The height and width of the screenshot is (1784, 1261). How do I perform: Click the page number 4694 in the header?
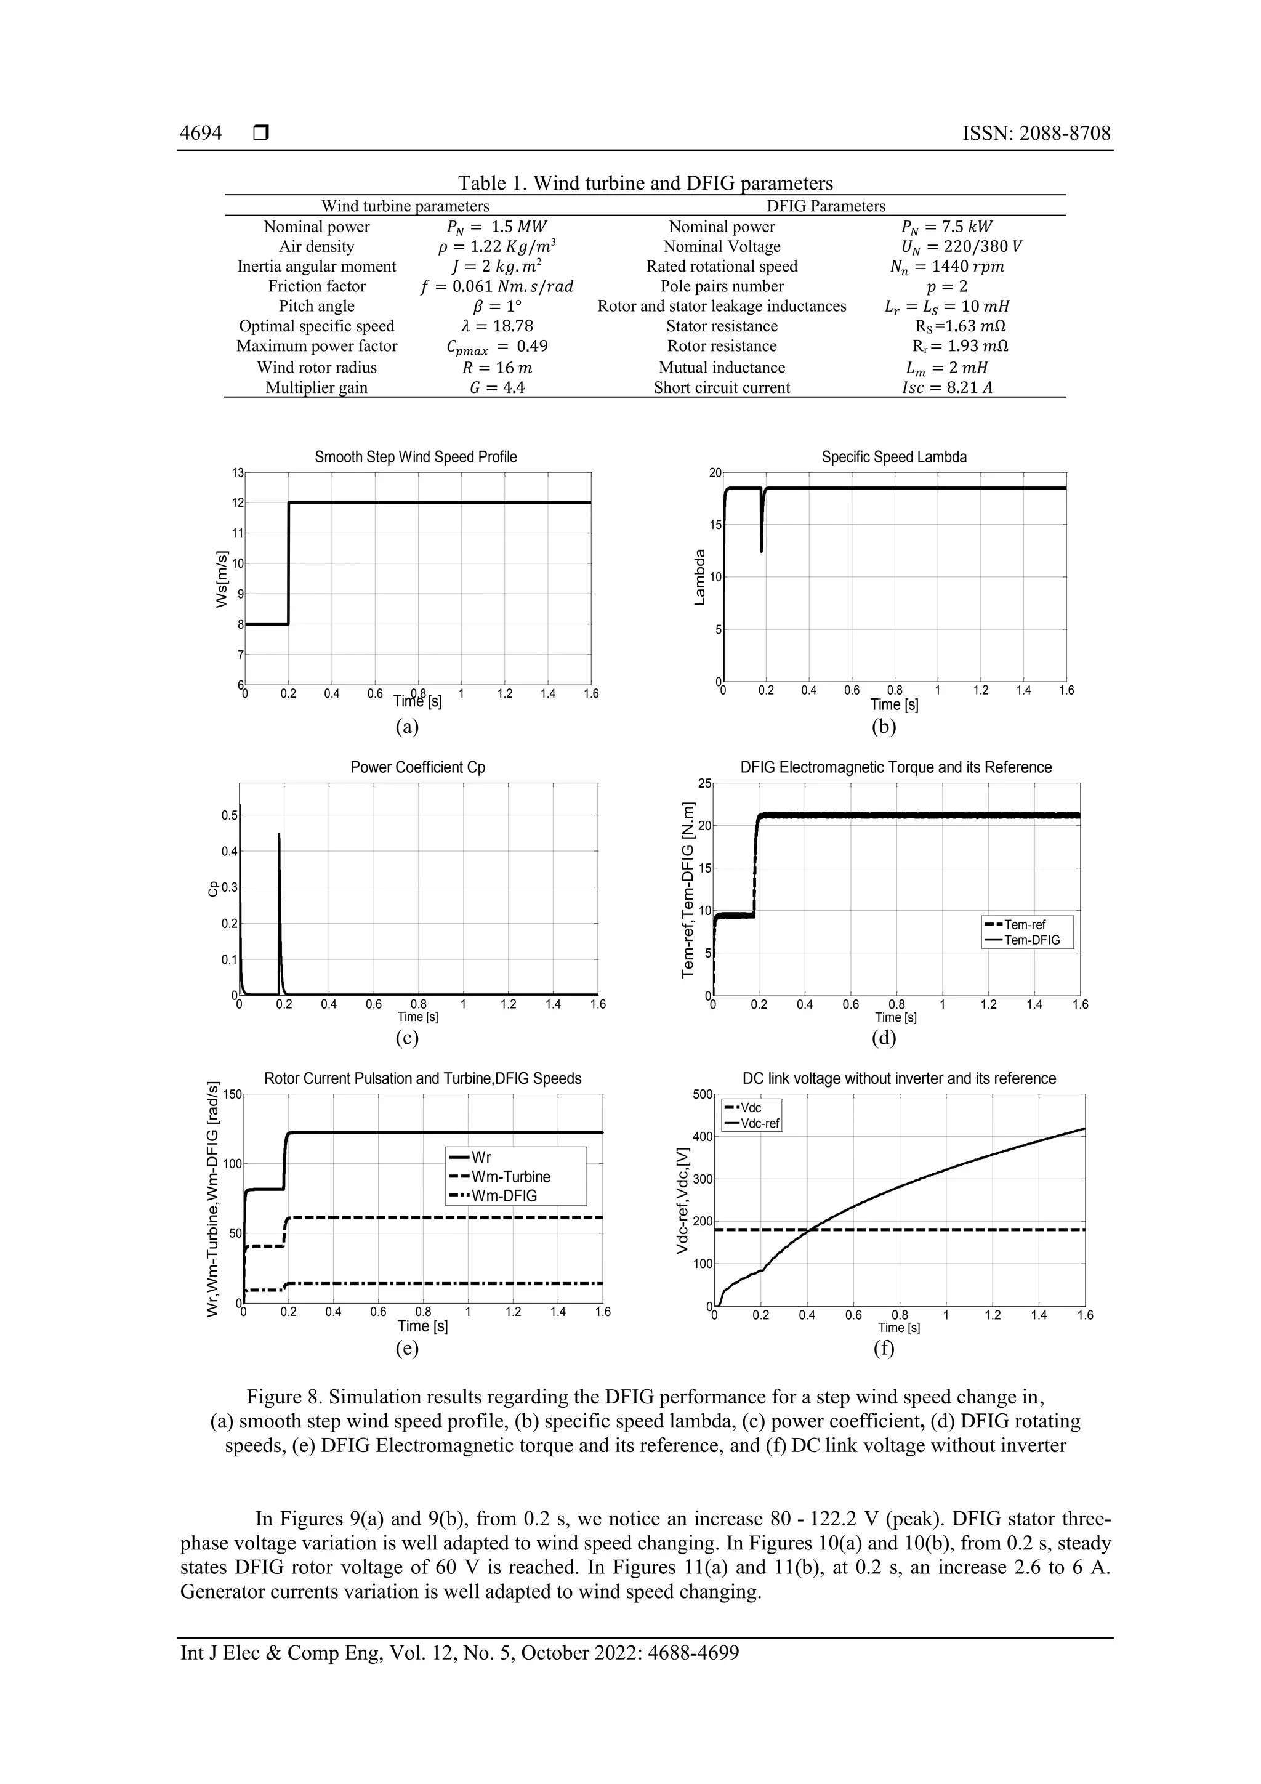click(201, 133)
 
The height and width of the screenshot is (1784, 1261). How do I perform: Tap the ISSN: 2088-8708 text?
click(1036, 133)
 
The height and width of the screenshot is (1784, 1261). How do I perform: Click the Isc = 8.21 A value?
click(946, 388)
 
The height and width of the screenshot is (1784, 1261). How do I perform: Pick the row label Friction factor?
click(316, 286)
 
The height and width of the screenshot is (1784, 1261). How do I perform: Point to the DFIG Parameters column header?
click(825, 206)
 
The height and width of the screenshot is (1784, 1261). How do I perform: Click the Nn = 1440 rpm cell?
click(946, 267)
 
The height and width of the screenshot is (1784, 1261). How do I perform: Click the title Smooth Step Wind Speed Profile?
click(415, 457)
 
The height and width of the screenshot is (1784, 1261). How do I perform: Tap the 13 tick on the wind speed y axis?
click(237, 472)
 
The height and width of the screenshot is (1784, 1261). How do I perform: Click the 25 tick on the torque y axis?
click(704, 783)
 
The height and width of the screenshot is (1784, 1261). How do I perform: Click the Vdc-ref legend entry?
click(759, 1124)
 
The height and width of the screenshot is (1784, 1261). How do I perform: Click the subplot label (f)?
click(884, 1348)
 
